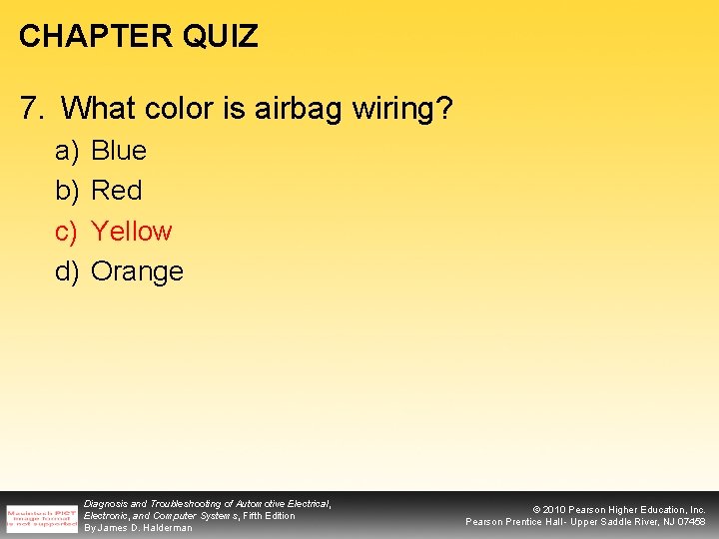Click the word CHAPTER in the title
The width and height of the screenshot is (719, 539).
tap(81, 37)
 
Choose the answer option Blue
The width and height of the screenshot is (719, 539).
tap(118, 151)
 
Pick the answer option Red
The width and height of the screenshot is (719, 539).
tap(116, 190)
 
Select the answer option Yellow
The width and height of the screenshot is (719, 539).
tap(131, 231)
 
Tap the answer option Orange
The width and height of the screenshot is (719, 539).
tap(137, 271)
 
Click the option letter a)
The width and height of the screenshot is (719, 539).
tap(67, 151)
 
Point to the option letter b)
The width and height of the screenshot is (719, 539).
tap(67, 190)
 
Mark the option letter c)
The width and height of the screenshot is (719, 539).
tap(67, 231)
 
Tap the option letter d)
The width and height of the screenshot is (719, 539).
tap(67, 271)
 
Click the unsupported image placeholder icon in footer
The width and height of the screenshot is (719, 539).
tap(41, 515)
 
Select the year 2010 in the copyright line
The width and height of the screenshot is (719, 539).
tap(554, 509)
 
